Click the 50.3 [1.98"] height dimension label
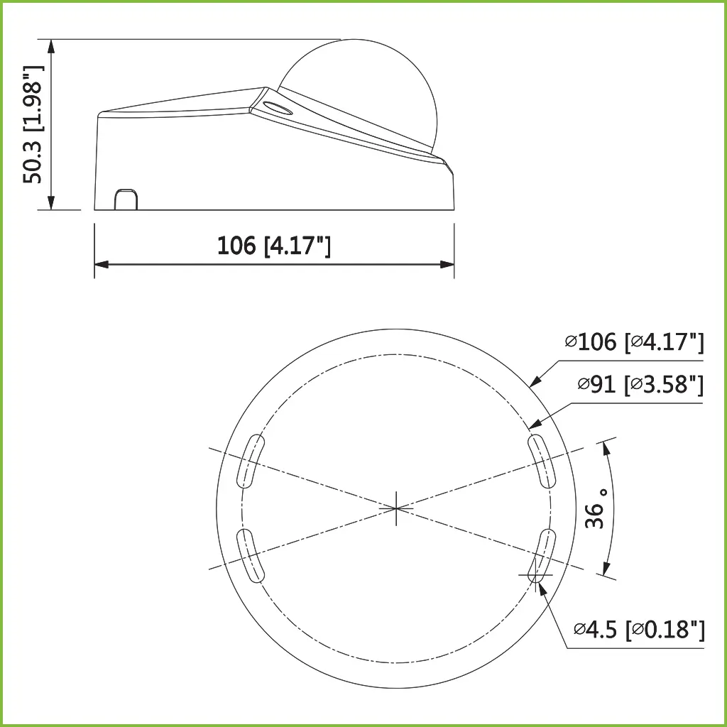click(33, 124)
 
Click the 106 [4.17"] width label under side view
click(274, 246)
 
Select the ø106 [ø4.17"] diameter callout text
click(635, 342)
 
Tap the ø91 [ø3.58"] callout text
click(640, 385)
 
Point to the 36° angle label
click(597, 508)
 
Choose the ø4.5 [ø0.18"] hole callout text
click(639, 629)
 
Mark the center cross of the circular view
click(396, 508)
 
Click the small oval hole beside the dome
click(276, 109)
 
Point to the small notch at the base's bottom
click(126, 199)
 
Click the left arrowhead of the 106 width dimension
click(100, 264)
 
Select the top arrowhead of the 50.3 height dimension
click(50, 45)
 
